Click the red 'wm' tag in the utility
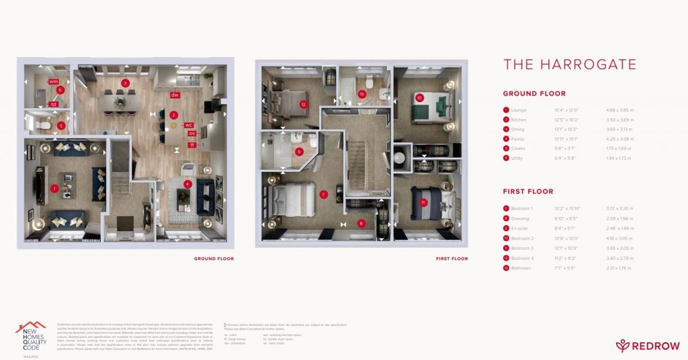[x=53, y=81]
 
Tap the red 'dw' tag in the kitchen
[x=175, y=95]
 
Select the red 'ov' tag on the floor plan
[x=191, y=133]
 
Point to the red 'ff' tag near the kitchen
[x=191, y=144]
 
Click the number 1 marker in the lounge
[x=54, y=188]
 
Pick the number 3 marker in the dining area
[x=125, y=83]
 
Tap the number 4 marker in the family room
[x=188, y=183]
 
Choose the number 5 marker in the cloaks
[x=60, y=125]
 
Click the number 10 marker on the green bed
[x=419, y=98]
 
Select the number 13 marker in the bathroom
[x=362, y=95]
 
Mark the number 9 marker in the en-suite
[x=299, y=151]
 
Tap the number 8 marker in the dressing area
[x=361, y=224]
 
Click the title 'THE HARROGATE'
[x=570, y=64]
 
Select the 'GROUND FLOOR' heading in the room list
[x=534, y=94]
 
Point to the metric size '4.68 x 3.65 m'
[x=619, y=110]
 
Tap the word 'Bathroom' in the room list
[x=522, y=268]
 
